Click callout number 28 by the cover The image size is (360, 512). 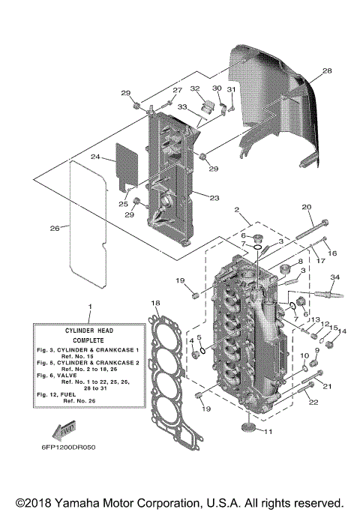point(326,71)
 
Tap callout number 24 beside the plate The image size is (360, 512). point(95,157)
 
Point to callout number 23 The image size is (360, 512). point(214,198)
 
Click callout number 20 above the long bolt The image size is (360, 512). point(306,207)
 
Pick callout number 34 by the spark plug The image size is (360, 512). point(334,277)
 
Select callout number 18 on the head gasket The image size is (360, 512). point(155,304)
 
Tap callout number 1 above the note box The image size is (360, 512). point(89,307)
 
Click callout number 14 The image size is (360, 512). point(343,331)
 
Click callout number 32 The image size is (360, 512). point(195,88)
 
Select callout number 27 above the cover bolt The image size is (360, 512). point(177,91)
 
